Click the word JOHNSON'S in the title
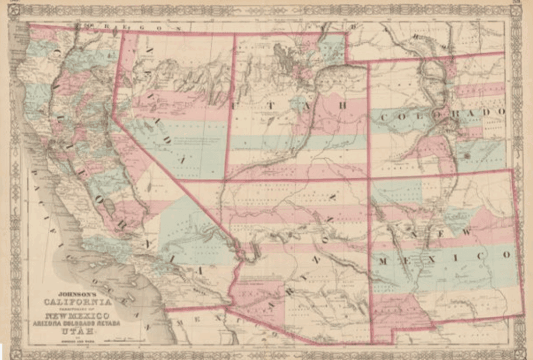69,293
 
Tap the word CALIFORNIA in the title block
77,302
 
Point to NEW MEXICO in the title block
77,316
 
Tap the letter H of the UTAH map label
342,106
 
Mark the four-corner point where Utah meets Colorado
369,179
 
